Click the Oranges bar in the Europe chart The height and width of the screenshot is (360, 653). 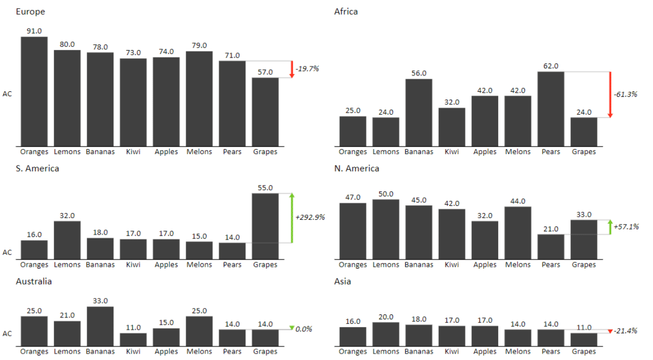pyautogui.click(x=34, y=91)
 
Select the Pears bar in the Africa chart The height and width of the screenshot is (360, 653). pyautogui.click(x=551, y=108)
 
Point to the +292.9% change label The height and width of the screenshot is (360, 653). pyautogui.click(x=310, y=217)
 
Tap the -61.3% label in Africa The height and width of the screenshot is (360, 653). pyautogui.click(x=625, y=94)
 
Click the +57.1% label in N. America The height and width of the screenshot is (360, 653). pyautogui.click(x=627, y=226)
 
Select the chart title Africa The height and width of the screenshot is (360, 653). pyautogui.click(x=346, y=11)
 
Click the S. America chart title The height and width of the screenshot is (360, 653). pyautogui.click(x=37, y=169)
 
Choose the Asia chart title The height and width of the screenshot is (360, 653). pyautogui.click(x=342, y=281)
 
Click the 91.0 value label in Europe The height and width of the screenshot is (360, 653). pyautogui.click(x=34, y=30)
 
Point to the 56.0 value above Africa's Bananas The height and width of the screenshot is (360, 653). pyautogui.click(x=419, y=73)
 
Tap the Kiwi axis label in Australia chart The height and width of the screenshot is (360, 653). pyautogui.click(x=133, y=351)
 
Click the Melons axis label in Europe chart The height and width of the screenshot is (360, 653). pyautogui.click(x=199, y=152)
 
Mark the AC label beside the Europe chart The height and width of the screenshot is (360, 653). pyautogui.click(x=8, y=94)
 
